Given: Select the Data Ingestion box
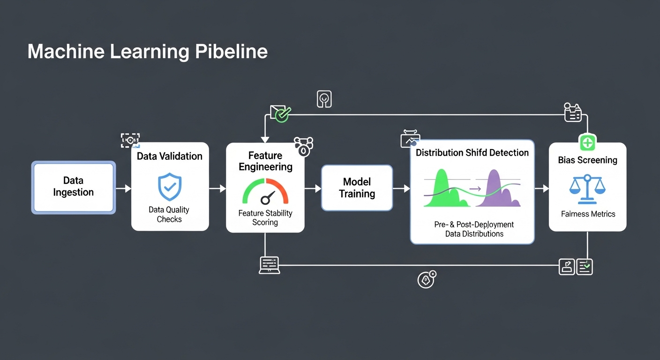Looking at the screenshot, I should pyautogui.click(x=73, y=187).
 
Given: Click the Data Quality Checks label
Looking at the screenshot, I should pyautogui.click(x=169, y=214).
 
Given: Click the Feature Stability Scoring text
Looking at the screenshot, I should pyautogui.click(x=265, y=217).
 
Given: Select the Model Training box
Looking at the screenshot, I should pyautogui.click(x=357, y=188).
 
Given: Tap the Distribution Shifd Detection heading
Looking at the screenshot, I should pyautogui.click(x=472, y=153).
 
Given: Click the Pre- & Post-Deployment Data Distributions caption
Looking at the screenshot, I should pyautogui.click(x=474, y=229).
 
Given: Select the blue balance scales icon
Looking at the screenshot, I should pyautogui.click(x=587, y=188).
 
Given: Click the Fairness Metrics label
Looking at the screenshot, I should pyautogui.click(x=588, y=214).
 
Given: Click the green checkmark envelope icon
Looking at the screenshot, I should pyautogui.click(x=280, y=113).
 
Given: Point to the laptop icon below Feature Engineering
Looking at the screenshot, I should pyautogui.click(x=270, y=265).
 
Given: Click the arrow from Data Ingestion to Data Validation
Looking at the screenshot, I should pyautogui.click(x=123, y=188).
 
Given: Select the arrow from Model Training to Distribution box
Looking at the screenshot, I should pyautogui.click(x=401, y=188).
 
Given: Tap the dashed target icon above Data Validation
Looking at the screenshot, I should pyautogui.click(x=130, y=140).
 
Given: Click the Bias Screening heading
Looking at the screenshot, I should pyautogui.click(x=587, y=160).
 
